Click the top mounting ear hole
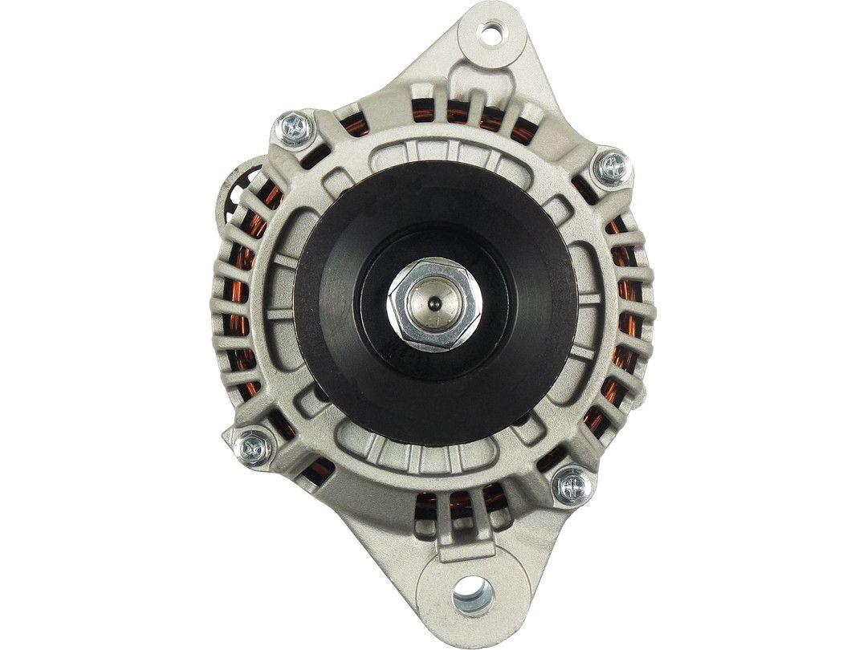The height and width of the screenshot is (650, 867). click(489, 34)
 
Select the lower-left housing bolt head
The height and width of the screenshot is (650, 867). click(256, 448)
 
